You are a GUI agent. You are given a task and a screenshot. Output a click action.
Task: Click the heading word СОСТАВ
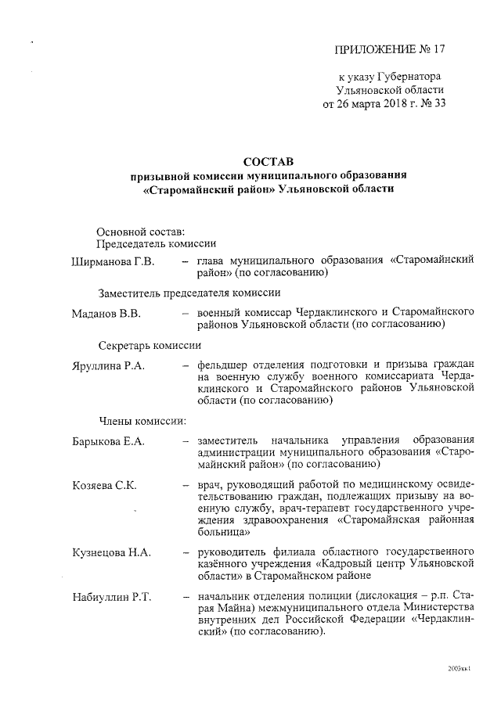[270, 161]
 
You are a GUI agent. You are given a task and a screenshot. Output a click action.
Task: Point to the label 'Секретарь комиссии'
[150, 345]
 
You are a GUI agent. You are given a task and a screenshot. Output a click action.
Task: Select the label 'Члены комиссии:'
[142, 421]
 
